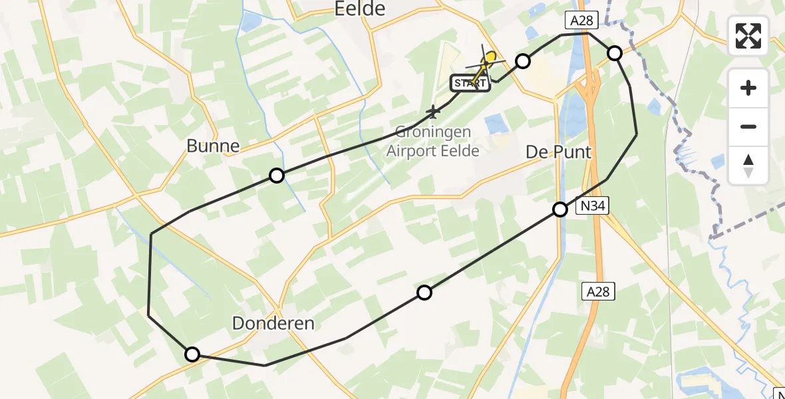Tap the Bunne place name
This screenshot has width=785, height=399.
(213, 146)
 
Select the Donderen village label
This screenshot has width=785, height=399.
(273, 324)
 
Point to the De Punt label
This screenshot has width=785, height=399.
(558, 152)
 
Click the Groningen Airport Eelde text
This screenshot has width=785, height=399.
(433, 141)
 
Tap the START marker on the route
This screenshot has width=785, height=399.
(471, 83)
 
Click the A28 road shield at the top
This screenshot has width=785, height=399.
(579, 21)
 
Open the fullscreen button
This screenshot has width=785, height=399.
(748, 36)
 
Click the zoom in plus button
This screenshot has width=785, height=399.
(748, 88)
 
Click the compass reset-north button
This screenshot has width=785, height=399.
(748, 166)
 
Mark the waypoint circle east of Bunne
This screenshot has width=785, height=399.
(277, 176)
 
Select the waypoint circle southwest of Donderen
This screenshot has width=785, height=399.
(192, 354)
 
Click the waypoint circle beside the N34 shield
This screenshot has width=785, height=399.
(560, 209)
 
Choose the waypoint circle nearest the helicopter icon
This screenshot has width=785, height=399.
(523, 62)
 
